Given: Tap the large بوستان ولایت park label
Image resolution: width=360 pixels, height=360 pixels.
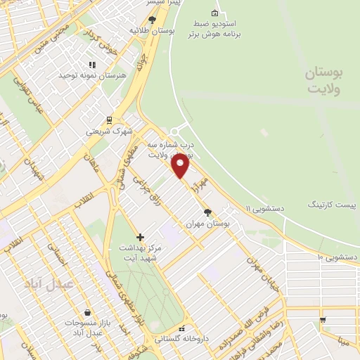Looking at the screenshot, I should coord(328,82).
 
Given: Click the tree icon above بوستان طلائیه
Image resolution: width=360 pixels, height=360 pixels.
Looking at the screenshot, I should coord(151,20).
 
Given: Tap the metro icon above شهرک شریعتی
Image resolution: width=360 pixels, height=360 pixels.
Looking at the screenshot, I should coord(108,120).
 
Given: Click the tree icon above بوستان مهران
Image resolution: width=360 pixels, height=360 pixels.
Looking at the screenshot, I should coord(207,212).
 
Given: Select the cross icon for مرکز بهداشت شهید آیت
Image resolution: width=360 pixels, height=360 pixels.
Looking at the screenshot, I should coord(140,237).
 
